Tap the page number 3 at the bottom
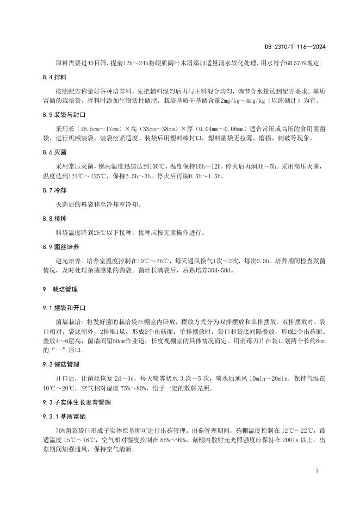tap(316, 469)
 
